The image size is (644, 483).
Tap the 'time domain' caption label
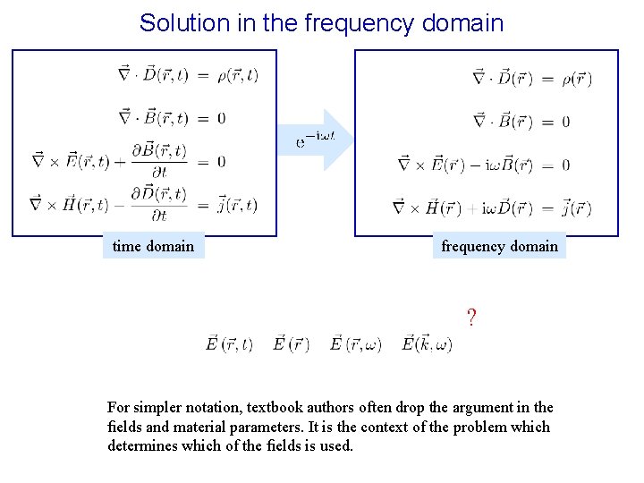153,246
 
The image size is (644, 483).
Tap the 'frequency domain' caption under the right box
499,246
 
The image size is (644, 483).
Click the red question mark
470,317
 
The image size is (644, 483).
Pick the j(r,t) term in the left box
237,205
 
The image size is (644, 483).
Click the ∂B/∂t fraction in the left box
163,161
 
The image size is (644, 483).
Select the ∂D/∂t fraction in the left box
163,205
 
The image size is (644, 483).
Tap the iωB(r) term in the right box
509,165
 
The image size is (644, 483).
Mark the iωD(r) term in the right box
508,208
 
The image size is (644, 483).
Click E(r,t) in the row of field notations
230,343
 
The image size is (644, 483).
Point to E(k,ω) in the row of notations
427,343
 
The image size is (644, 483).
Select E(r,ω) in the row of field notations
356,343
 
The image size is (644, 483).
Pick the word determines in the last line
143,445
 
